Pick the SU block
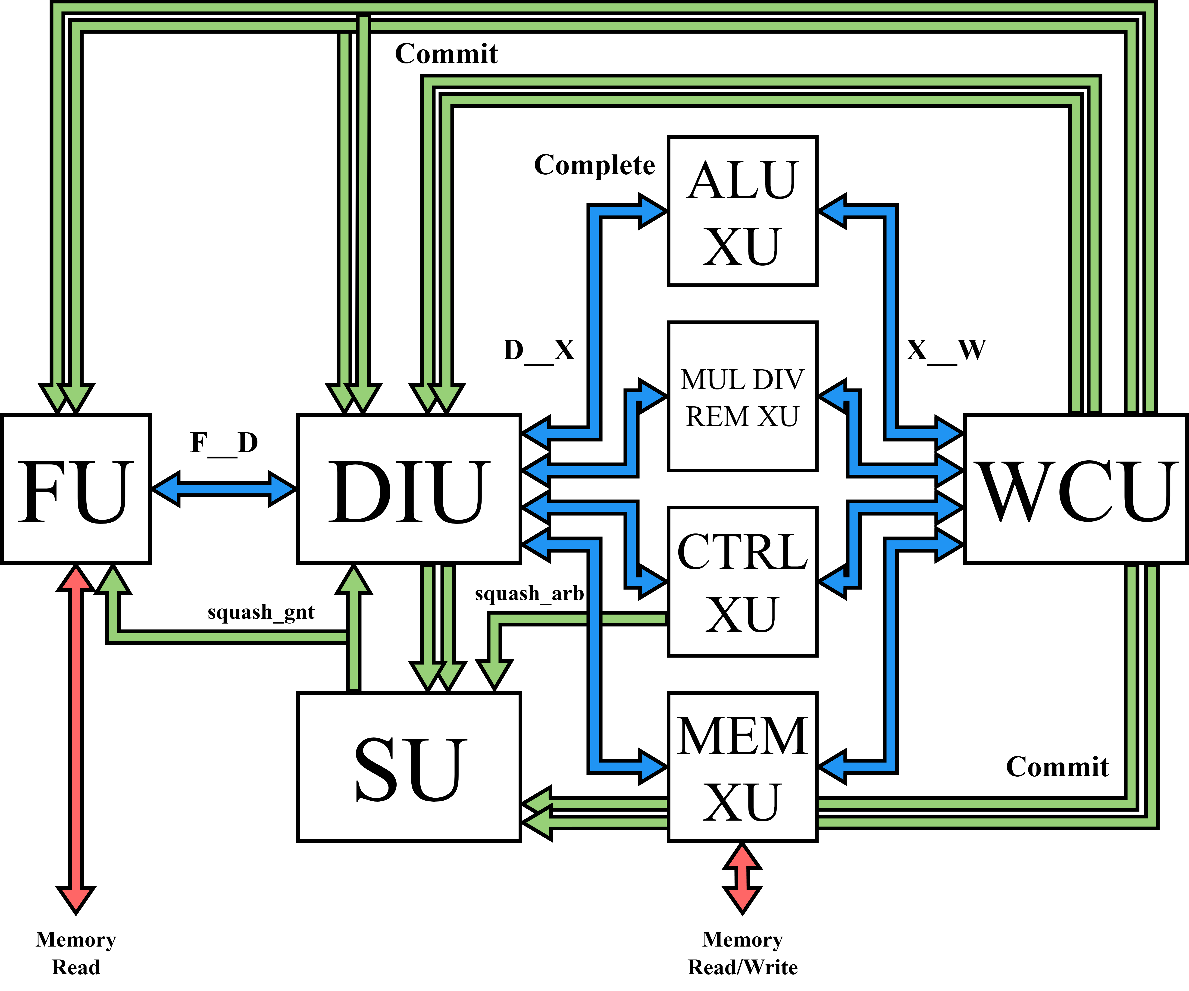click(409, 767)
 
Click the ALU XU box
click(742, 211)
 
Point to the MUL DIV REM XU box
click(742, 396)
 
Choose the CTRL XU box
click(742, 582)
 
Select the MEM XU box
click(742, 767)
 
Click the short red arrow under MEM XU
click(742, 878)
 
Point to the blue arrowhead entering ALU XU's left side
click(652, 211)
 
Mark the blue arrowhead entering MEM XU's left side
click(652, 767)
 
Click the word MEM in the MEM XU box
click(742, 736)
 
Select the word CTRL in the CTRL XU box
click(742, 552)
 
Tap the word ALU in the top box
click(742, 180)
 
